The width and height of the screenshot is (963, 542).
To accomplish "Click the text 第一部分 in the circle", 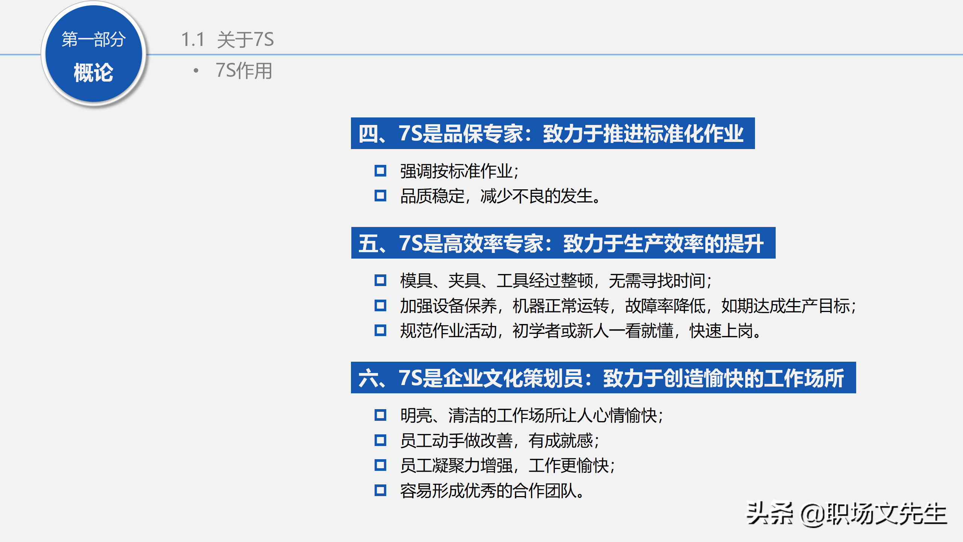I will pos(93,39).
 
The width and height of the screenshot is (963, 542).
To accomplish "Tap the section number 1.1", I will pos(193,40).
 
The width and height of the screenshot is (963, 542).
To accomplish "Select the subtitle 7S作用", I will pos(244,71).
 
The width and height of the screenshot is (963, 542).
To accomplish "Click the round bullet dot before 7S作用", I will pos(196,70).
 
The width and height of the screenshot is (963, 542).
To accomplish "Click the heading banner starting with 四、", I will pos(552,133).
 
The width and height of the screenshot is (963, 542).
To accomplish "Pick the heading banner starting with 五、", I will pos(563,243).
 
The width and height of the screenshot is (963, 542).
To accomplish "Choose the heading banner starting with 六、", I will pos(603,378).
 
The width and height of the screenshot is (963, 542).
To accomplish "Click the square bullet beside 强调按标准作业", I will pos(380,171).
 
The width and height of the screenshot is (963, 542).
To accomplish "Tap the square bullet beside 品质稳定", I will pos(380,196).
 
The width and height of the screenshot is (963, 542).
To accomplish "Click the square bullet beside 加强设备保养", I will pos(380,305).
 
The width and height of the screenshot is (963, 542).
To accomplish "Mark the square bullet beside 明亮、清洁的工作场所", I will pos(380,415).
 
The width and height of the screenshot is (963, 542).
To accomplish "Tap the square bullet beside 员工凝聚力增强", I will pos(380,465).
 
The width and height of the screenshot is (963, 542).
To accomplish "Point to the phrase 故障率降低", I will pos(665,306).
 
